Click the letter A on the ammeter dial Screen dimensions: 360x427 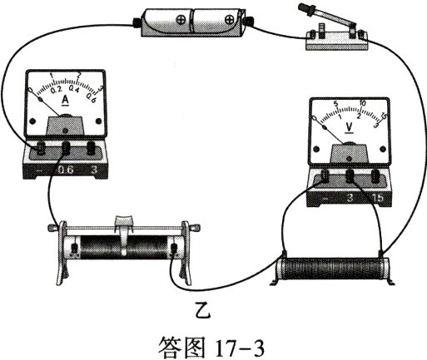66,101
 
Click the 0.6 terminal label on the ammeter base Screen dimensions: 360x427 66,171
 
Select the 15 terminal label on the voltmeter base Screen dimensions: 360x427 380,198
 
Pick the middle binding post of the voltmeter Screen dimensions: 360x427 350,175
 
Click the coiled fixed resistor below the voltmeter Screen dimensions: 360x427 331,269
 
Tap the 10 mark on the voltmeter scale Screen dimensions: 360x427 363,105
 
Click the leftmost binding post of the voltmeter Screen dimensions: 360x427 324,175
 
